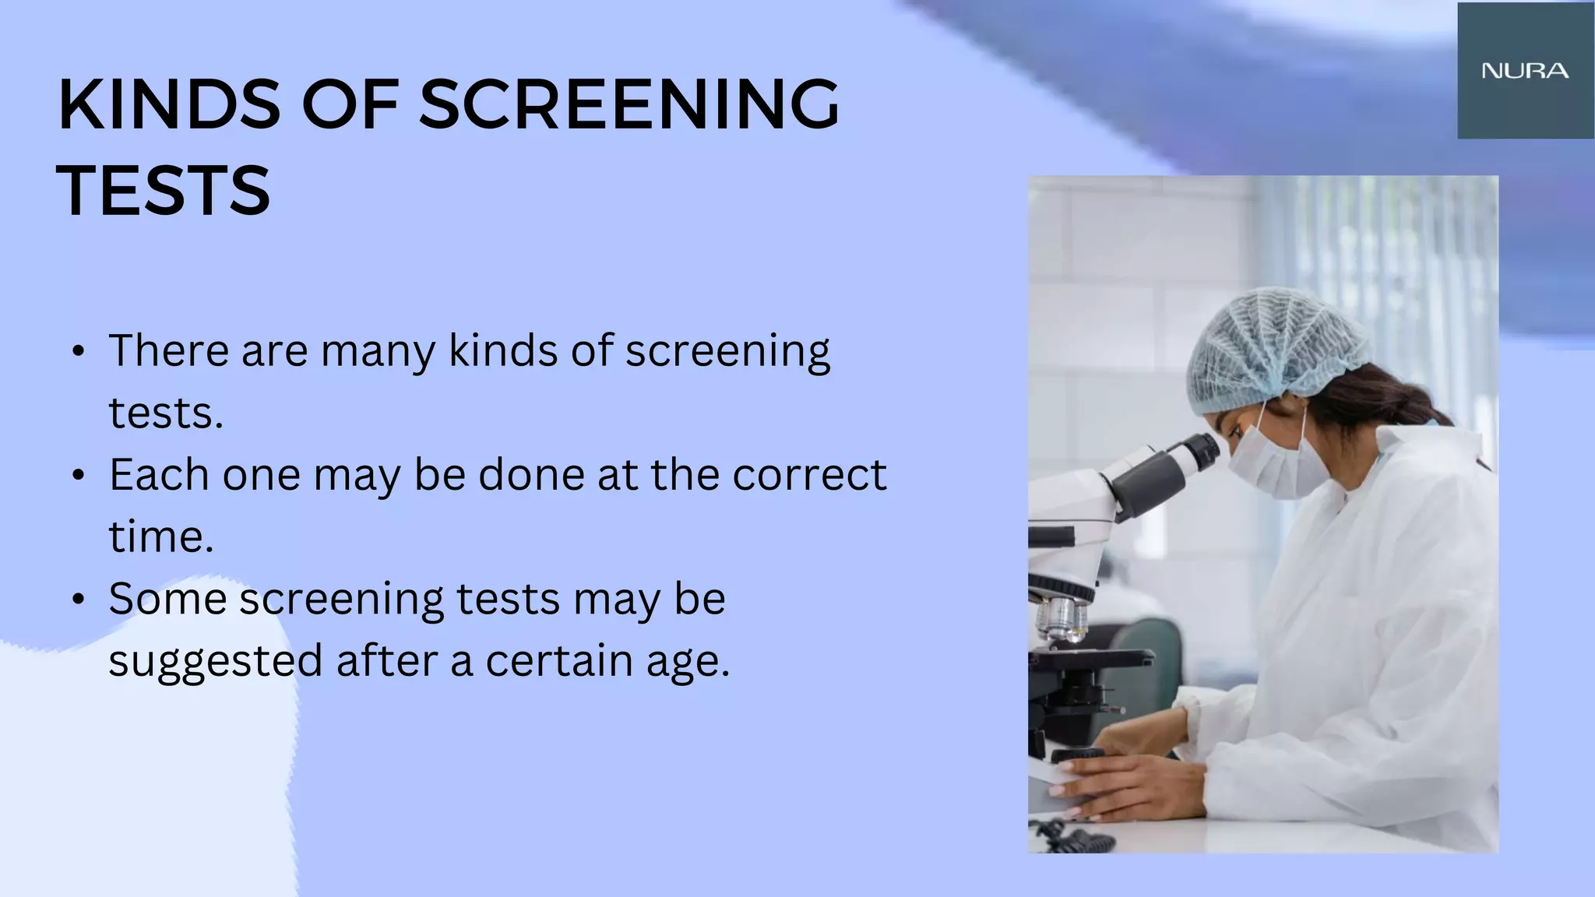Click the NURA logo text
(1525, 71)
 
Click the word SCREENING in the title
(629, 105)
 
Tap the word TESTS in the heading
(164, 191)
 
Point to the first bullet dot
(77, 351)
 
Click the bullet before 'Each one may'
(77, 475)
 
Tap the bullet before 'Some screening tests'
(77, 600)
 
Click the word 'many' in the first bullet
(377, 352)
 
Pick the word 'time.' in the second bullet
(160, 537)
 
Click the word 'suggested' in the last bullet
(215, 662)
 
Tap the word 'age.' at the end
(688, 662)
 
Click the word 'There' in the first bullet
(168, 351)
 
